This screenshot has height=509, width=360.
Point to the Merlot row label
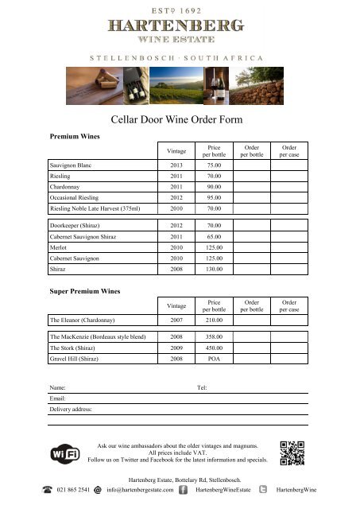[60, 247]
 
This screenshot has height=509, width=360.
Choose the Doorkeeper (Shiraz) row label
[78, 226]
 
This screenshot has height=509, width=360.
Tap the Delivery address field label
[71, 409]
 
